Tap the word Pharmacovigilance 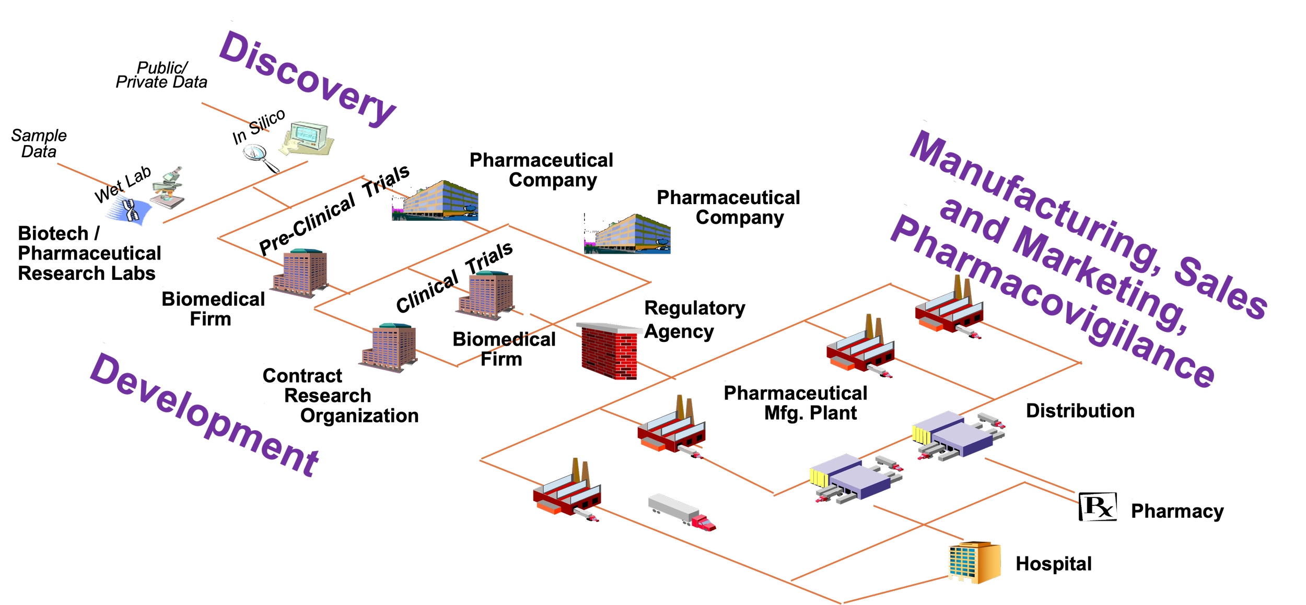(1053, 302)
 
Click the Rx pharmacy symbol (1098, 506)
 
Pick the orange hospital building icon (974, 562)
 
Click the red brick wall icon (609, 351)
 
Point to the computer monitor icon (307, 138)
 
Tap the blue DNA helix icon (129, 211)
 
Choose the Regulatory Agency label (694, 319)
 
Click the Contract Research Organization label (341, 396)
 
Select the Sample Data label (39, 144)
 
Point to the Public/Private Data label (161, 75)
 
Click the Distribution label (1080, 410)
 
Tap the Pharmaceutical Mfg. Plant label (795, 402)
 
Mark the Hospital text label (1053, 564)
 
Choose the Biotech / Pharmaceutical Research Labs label (89, 253)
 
